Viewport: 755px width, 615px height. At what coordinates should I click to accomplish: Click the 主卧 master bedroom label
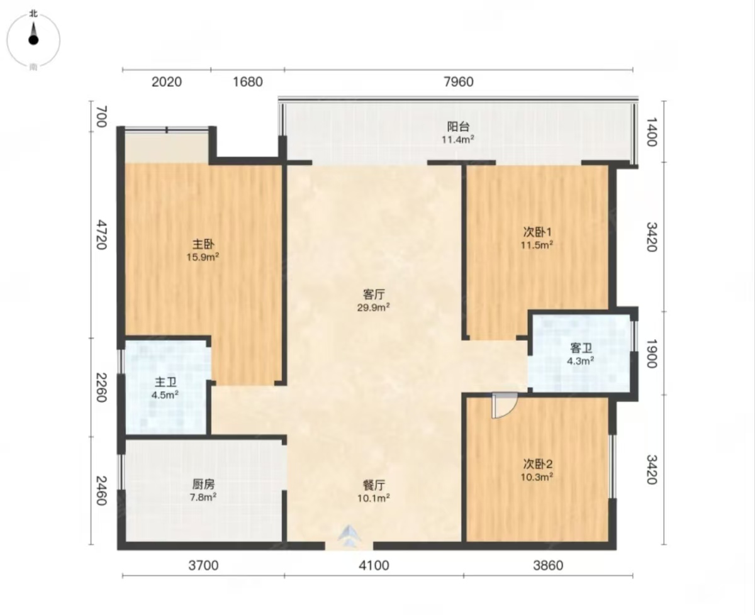point(203,244)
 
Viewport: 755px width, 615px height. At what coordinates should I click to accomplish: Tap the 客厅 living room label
point(374,294)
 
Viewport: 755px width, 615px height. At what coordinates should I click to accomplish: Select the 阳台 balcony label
point(458,126)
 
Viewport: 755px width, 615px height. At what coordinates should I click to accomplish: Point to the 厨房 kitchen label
point(203,484)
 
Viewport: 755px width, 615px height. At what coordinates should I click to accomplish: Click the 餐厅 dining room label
point(374,485)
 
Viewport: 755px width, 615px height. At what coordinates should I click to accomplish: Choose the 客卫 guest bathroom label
point(581,348)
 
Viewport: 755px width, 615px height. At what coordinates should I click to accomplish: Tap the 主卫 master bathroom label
point(165,382)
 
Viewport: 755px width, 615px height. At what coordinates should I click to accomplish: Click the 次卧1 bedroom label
point(537,232)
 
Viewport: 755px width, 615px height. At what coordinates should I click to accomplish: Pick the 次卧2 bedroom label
point(538,463)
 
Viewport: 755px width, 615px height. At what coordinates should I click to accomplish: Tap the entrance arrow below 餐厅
point(349,536)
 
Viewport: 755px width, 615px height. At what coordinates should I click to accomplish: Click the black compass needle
point(33,35)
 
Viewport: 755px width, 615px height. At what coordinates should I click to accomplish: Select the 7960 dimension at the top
point(459,82)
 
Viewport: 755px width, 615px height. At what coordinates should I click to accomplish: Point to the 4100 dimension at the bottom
point(374,566)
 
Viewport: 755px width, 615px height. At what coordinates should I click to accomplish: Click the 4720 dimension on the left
point(102,235)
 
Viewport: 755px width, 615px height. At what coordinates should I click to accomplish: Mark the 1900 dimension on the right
point(652,353)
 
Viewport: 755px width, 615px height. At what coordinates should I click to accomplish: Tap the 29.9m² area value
point(374,307)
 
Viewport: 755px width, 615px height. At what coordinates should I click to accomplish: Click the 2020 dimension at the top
point(167,82)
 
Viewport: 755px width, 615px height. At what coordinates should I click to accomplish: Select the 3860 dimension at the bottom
point(548,566)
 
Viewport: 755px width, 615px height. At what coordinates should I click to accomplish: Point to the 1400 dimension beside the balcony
point(652,132)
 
